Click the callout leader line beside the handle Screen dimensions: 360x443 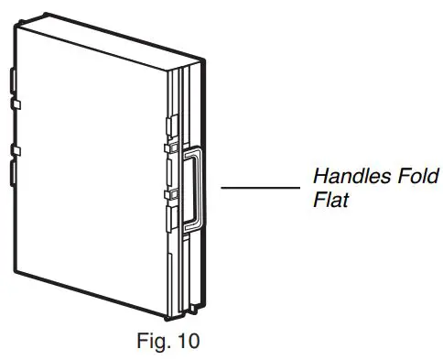[x=262, y=188]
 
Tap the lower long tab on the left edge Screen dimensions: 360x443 [x=13, y=173]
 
